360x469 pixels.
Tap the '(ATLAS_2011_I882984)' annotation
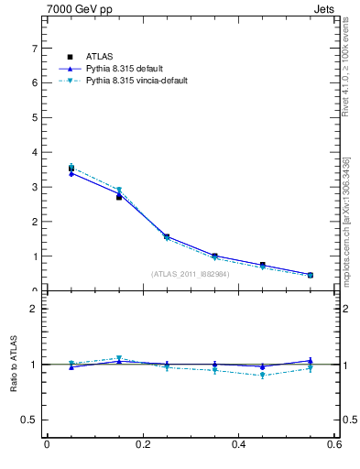pos(191,273)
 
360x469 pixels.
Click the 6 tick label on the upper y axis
pos(33,82)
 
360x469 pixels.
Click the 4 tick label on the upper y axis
pos(33,152)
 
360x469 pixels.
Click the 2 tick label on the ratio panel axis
pos(33,309)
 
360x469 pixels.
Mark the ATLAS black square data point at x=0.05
pos(71,169)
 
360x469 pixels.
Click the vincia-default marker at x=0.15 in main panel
pos(119,191)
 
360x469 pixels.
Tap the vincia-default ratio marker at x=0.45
pos(263,376)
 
